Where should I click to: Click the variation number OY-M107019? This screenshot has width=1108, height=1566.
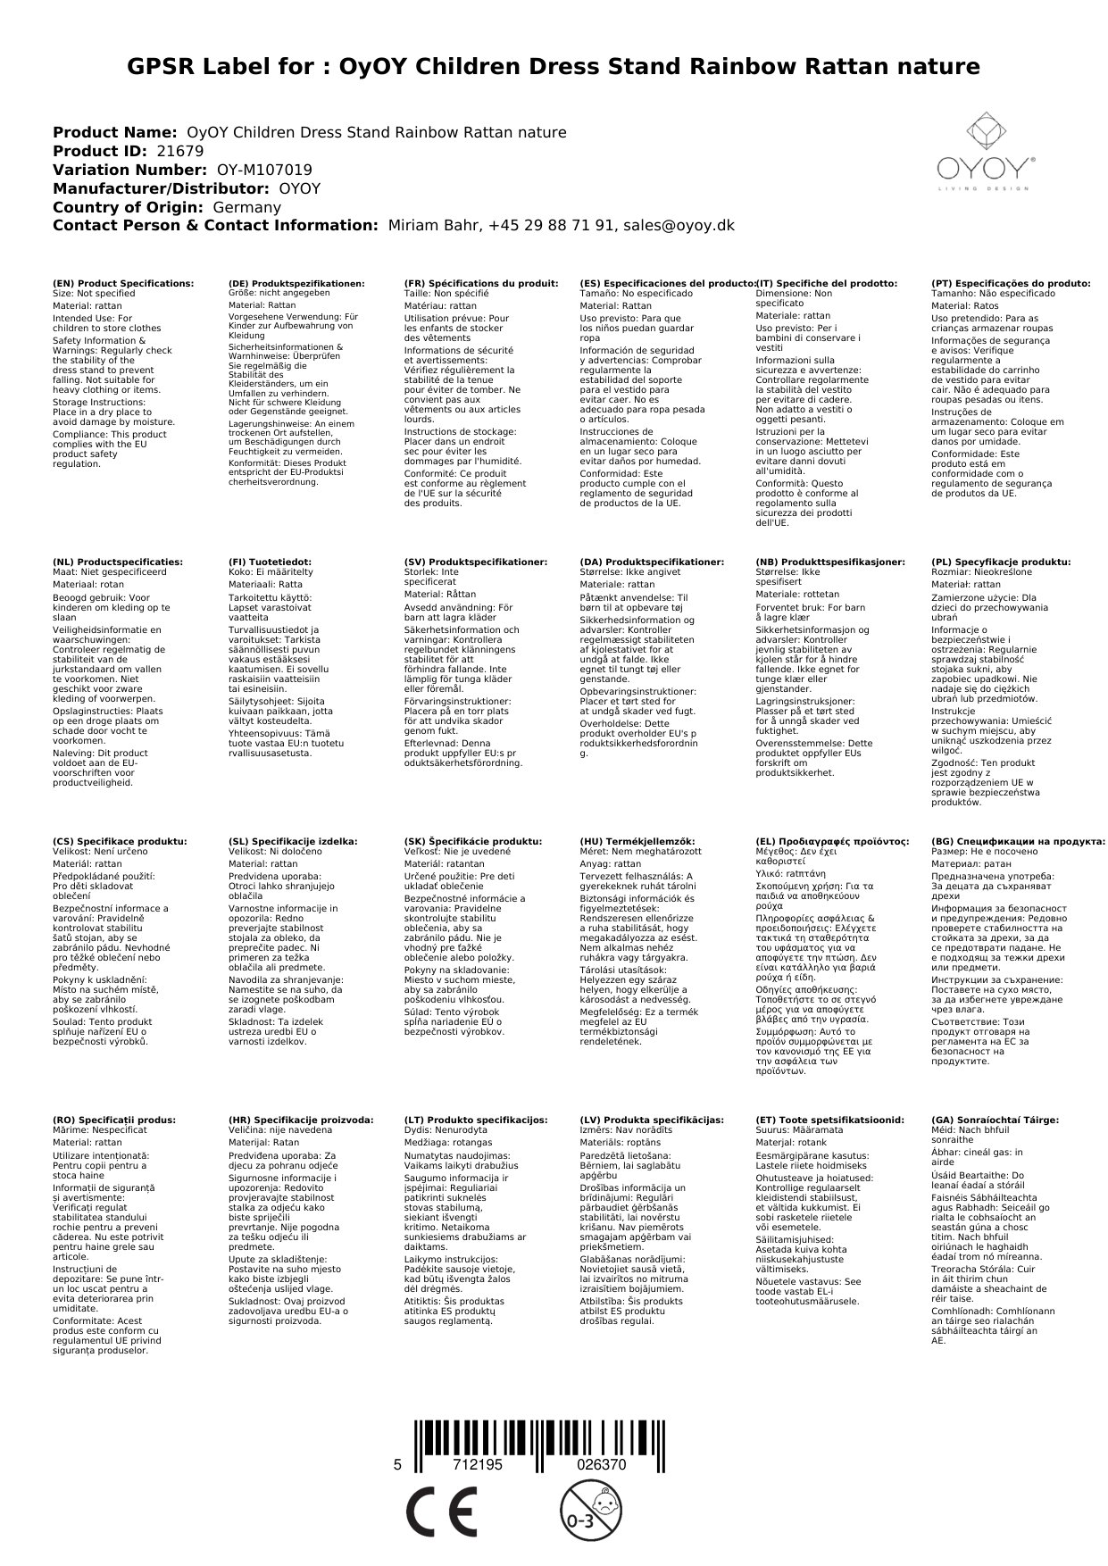(264, 170)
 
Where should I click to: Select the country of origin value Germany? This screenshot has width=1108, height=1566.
(246, 207)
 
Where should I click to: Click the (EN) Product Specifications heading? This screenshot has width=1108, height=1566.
(123, 284)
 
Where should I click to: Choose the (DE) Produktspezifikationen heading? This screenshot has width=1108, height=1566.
(296, 284)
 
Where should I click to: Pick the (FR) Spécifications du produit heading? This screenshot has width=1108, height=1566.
(481, 284)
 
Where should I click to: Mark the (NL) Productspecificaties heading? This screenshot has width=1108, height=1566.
(117, 562)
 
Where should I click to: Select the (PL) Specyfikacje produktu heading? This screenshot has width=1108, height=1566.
(1001, 562)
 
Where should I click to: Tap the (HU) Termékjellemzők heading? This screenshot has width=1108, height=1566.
(637, 841)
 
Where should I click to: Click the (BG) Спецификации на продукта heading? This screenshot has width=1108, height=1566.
(1018, 841)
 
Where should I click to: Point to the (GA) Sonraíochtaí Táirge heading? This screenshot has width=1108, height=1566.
(995, 1120)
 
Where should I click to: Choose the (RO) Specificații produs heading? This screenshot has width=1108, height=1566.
(114, 1120)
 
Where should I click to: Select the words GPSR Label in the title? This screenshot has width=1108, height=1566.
(220, 67)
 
